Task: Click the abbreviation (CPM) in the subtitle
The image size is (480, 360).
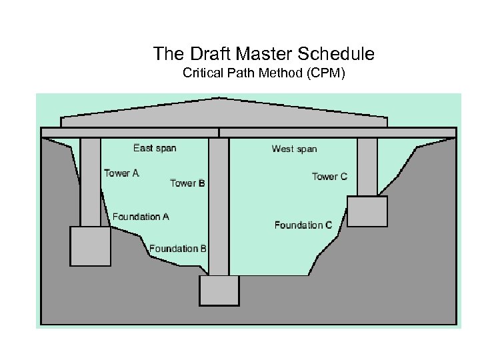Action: pyautogui.click(x=324, y=72)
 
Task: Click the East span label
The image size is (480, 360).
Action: pyautogui.click(x=155, y=148)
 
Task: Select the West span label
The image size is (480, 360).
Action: pyautogui.click(x=294, y=149)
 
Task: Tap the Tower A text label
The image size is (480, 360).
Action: pyautogui.click(x=121, y=173)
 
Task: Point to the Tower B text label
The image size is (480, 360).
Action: pyautogui.click(x=187, y=183)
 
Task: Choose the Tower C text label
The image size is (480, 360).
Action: pyautogui.click(x=329, y=177)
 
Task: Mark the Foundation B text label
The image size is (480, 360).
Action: pyautogui.click(x=178, y=249)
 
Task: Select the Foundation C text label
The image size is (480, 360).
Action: pyautogui.click(x=303, y=225)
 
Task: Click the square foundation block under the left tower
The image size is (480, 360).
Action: pyautogui.click(x=91, y=246)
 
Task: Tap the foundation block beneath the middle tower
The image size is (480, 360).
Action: pyautogui.click(x=219, y=291)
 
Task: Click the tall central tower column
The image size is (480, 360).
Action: pyautogui.click(x=219, y=207)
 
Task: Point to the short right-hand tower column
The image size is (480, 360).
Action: pyautogui.click(x=367, y=167)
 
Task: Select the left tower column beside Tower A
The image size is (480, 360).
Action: pyautogui.click(x=91, y=181)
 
